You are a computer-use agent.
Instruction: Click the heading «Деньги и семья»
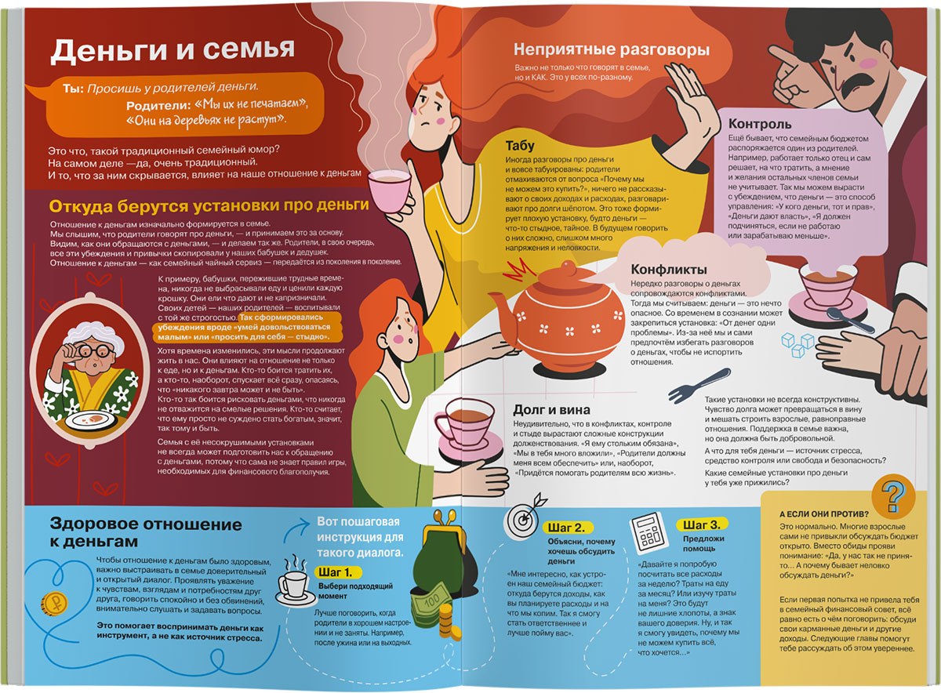172,51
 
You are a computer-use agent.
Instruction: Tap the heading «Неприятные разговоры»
612,50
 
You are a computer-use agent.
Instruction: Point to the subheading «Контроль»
759,124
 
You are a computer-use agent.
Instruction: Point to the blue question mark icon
894,495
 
